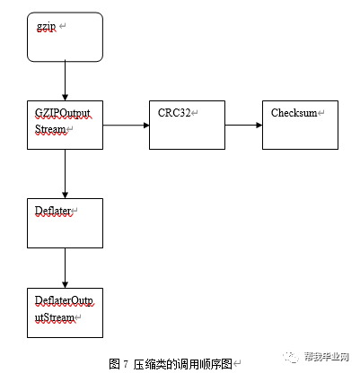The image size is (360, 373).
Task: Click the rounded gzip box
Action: (66, 38)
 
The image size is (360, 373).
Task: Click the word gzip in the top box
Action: (47, 27)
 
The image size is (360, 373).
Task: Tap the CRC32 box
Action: (187, 124)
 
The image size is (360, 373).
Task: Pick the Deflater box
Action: (66, 222)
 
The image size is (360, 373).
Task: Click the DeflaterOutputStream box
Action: (66, 310)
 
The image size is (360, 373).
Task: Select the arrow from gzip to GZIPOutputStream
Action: (66, 81)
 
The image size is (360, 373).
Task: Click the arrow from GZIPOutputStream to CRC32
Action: (126, 125)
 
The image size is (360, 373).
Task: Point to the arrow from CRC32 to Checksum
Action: (243, 125)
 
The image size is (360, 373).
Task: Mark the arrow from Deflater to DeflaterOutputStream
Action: (66, 267)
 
